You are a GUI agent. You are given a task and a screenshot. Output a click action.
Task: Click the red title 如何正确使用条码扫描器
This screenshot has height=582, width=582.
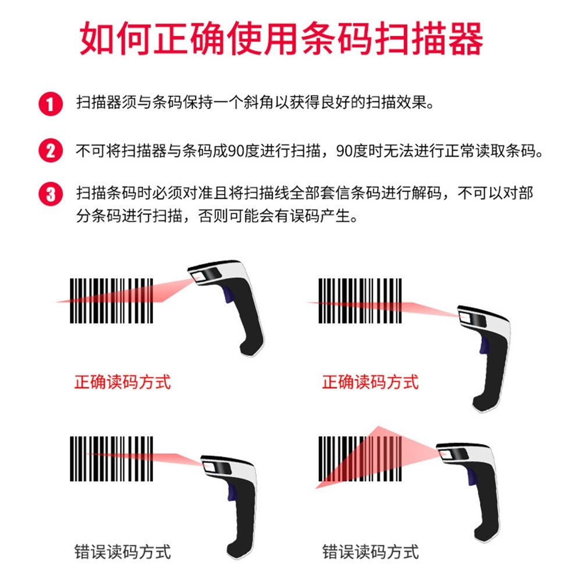[281, 38]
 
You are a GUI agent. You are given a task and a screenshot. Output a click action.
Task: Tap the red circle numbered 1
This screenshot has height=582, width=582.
[51, 104]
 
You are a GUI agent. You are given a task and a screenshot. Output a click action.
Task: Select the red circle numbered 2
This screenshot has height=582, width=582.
[51, 151]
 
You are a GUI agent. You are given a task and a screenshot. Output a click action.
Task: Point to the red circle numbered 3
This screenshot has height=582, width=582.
[51, 194]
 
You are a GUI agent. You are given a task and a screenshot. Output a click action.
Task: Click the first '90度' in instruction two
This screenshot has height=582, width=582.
[243, 151]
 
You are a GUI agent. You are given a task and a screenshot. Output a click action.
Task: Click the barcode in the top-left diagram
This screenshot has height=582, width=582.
[111, 301]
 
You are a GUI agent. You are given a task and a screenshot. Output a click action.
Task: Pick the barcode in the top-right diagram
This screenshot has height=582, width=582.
[360, 301]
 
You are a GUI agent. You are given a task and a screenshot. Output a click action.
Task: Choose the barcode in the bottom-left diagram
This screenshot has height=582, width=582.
[111, 459]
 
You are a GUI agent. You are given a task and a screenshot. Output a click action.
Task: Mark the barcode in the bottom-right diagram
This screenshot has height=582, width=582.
[360, 459]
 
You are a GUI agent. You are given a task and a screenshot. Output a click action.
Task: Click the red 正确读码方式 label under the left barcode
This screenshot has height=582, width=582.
[122, 382]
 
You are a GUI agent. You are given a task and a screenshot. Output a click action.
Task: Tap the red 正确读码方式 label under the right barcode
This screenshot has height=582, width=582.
[370, 382]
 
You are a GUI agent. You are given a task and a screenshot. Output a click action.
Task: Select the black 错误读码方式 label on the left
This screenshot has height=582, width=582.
[122, 552]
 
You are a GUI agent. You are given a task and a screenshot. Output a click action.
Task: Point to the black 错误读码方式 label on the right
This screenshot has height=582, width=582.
[370, 552]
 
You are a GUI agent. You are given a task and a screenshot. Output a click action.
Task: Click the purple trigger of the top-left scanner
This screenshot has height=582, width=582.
[228, 294]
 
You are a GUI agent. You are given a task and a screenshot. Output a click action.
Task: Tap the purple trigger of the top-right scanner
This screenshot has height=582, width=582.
[484, 345]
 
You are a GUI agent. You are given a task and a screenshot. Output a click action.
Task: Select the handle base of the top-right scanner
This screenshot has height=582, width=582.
[484, 403]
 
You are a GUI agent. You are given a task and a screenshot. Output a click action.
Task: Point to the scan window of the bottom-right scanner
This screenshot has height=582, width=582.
[453, 454]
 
